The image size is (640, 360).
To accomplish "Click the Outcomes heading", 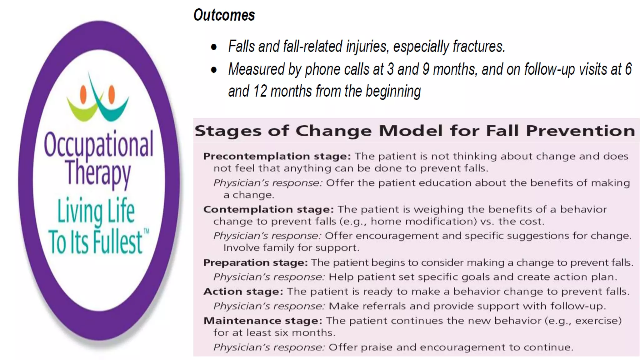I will coord(224,15).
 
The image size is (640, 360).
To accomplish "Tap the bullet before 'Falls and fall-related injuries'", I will coord(214,47).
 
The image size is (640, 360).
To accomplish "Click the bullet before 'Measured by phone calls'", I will coord(214,70).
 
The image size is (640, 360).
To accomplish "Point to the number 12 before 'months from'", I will coord(260,91).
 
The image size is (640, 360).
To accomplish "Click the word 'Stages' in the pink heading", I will coord(228,131).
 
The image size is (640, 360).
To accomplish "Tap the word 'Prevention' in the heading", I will coord(580,131).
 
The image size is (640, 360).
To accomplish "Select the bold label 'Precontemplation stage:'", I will coord(277,156).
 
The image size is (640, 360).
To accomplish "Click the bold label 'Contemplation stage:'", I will coord(268,209).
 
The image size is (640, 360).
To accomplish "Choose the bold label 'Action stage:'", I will coord(243,292).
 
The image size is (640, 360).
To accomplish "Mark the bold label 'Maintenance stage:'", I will coord(262,321).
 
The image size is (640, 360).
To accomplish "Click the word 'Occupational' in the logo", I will coord(99,144).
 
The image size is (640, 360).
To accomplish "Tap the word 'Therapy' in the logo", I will coord(98,172).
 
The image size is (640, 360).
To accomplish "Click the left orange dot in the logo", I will coord(83,94).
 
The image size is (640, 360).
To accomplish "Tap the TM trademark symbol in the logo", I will coord(146,231).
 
